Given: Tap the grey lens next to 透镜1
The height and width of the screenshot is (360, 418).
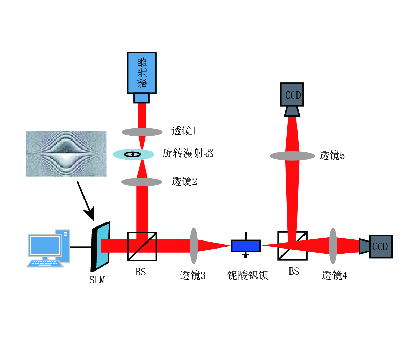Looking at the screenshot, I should (x=142, y=132).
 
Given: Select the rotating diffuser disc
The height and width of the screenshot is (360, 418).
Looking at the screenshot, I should (x=133, y=154).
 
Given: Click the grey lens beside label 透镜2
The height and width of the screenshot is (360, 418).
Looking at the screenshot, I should (x=142, y=182).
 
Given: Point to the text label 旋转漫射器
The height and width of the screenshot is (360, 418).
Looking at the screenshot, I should (x=188, y=153).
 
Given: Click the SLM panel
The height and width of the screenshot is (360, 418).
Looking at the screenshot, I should (x=101, y=246).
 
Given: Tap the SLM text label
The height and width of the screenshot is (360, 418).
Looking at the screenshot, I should (x=97, y=280).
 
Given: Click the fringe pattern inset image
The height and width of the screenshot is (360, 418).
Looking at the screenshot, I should (x=66, y=153).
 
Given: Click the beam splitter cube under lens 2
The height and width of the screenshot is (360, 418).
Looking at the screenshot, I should (x=142, y=246).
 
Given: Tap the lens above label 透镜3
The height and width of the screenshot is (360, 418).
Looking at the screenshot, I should (x=193, y=245).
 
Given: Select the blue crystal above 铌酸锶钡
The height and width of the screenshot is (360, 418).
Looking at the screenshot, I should (x=246, y=246).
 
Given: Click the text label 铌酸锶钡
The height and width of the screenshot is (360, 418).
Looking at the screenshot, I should (x=248, y=275).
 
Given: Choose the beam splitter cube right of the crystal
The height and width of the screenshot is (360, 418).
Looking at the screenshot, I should (x=292, y=246).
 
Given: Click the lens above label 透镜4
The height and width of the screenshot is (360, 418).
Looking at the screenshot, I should (x=333, y=246).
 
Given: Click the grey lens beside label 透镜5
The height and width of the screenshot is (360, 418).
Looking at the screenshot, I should (x=292, y=156).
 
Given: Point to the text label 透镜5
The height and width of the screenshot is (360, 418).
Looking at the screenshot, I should (x=332, y=156).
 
